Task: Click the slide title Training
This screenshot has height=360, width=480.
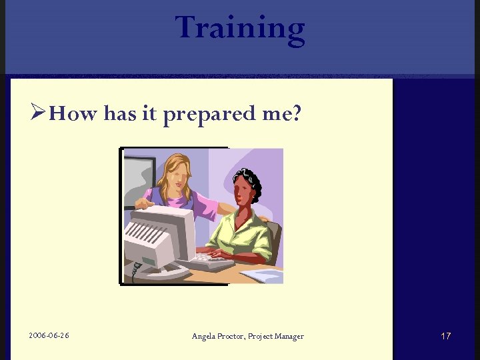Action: pos(240,28)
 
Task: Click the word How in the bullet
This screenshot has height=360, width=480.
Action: pos(73,114)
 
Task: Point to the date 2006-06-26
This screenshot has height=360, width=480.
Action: pos(49,335)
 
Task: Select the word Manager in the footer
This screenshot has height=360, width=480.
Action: pos(288,336)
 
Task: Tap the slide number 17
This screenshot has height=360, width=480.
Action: pos(446,336)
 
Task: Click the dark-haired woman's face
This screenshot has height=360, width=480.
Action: pos(244,191)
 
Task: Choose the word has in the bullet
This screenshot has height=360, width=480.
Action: pos(120,114)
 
